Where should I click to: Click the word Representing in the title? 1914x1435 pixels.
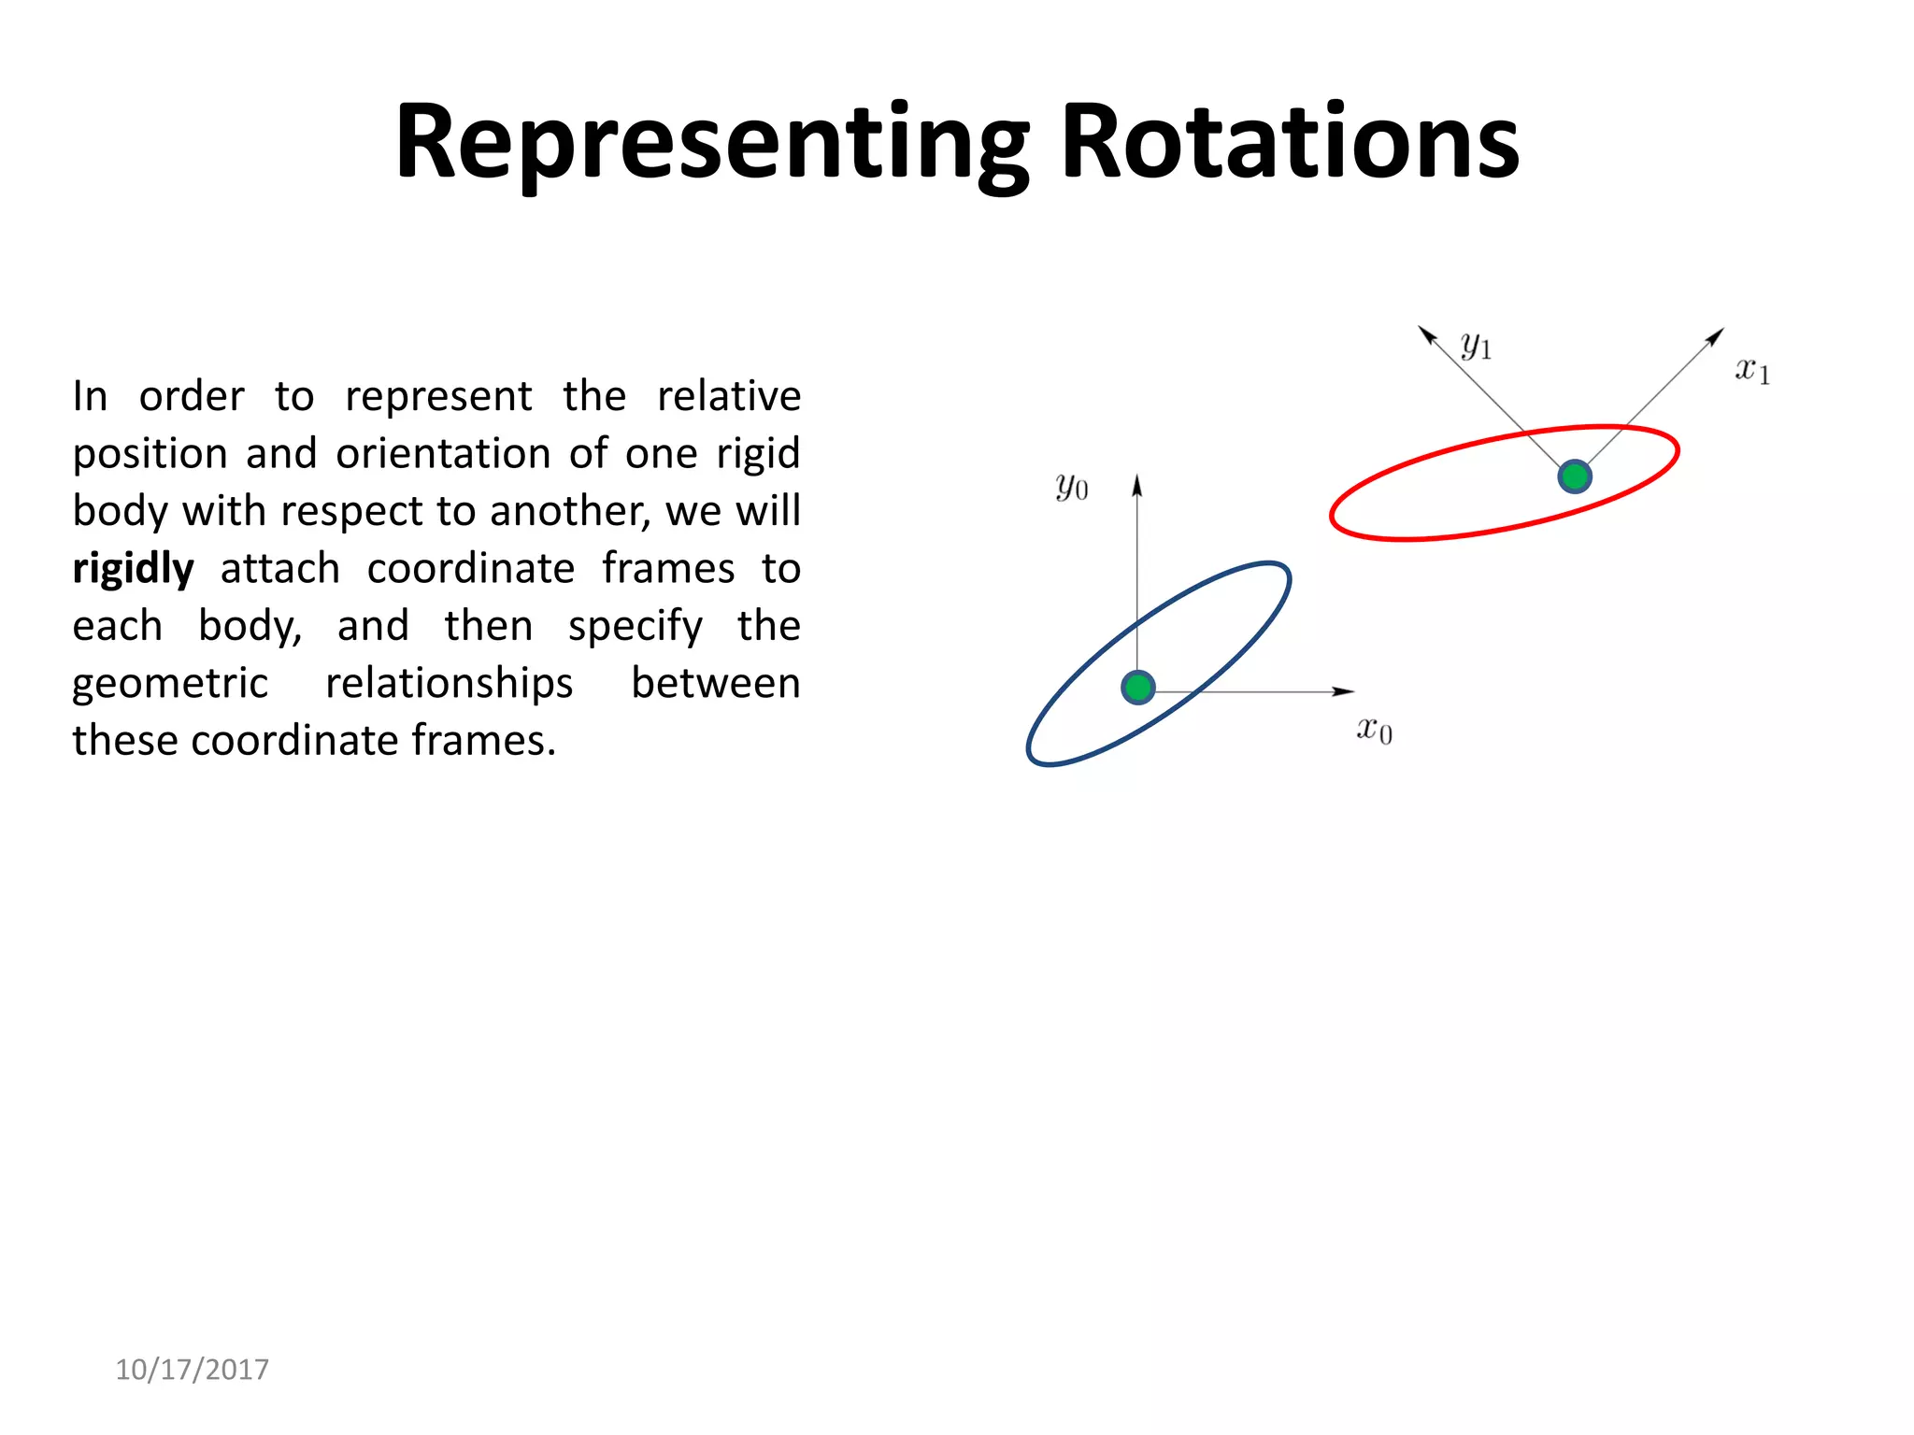(710, 142)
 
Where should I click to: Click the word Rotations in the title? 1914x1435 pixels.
(1290, 142)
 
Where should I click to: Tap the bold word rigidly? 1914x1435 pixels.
(134, 568)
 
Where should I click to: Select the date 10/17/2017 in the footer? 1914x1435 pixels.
(192, 1370)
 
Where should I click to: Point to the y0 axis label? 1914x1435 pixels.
(1071, 487)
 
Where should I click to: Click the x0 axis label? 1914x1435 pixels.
(1374, 730)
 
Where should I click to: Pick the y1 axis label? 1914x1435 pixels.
(1476, 347)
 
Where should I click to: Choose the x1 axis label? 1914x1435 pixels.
(1752, 371)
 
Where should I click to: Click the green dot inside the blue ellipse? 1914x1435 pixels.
(1137, 688)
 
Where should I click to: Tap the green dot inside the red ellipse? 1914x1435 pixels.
(1575, 476)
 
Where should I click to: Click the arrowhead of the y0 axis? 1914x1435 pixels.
(1137, 483)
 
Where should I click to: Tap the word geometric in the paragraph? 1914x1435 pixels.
(170, 684)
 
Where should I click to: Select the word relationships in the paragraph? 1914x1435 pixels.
(449, 684)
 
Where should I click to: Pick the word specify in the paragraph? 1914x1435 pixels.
(635, 626)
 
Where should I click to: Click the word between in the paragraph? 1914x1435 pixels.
(715, 684)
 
